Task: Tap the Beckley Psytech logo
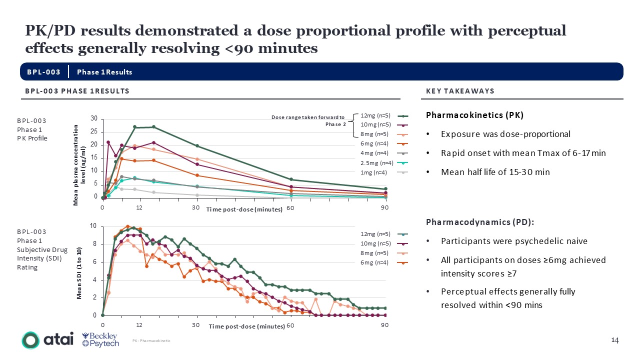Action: [100, 340]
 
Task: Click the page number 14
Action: [615, 340]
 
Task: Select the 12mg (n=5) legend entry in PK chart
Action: [375, 115]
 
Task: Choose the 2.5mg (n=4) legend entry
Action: [376, 162]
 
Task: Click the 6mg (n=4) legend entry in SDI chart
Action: [375, 263]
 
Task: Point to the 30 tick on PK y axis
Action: [94, 118]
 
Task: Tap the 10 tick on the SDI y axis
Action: [93, 226]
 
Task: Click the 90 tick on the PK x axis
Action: [385, 207]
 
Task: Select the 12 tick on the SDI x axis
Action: [139, 325]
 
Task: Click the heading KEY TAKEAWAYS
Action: [460, 91]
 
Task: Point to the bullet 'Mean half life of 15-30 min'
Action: [495, 172]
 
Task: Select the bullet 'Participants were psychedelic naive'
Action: [514, 241]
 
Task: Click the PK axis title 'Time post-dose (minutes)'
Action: [244, 209]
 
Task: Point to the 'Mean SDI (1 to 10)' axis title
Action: [79, 273]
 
